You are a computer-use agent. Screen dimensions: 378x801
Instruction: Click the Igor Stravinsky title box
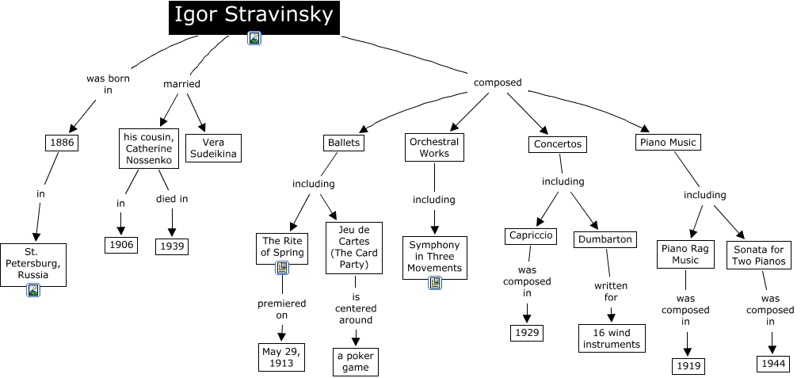[254, 16]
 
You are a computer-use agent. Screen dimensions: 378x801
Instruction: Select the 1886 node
[61, 143]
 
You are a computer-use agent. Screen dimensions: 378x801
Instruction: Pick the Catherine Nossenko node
[147, 148]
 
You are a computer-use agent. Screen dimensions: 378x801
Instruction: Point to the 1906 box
[120, 244]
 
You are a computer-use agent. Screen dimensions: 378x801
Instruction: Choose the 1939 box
[172, 246]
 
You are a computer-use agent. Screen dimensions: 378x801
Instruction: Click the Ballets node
[343, 143]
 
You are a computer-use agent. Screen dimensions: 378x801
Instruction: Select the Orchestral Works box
[434, 147]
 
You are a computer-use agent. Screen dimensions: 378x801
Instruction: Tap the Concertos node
[558, 143]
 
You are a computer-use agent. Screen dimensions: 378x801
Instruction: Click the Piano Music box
[668, 142]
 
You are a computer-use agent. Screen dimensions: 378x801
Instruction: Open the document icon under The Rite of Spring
[281, 268]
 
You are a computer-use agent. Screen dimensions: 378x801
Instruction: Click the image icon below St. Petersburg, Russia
[33, 290]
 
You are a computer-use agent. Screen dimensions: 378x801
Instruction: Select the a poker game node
[356, 361]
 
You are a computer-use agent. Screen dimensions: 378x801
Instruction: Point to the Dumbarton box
[605, 239]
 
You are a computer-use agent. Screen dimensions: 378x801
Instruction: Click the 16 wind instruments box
[611, 338]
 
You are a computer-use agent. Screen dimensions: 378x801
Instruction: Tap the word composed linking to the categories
[498, 82]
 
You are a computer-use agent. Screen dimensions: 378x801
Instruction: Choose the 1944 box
[772, 363]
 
